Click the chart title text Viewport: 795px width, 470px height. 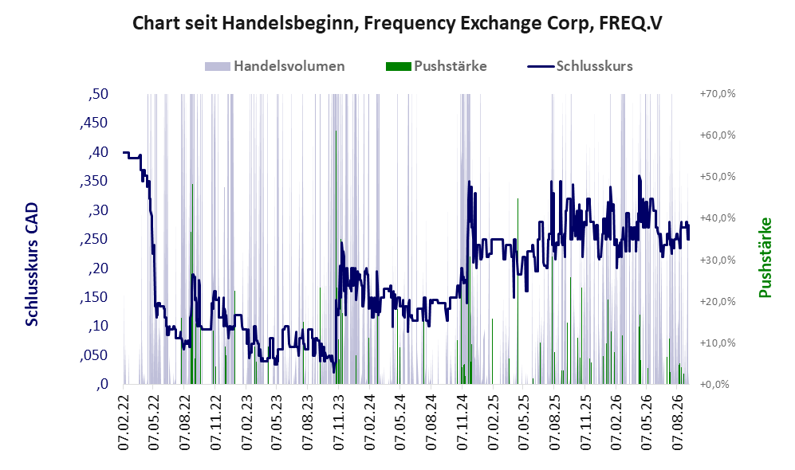pyautogui.click(x=397, y=23)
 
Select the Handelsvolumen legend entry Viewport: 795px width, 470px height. pyautogui.click(x=275, y=66)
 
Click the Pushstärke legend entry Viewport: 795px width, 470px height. pyautogui.click(x=436, y=66)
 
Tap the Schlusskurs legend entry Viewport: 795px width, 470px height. pyautogui.click(x=580, y=66)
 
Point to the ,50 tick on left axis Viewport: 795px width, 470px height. pyautogui.click(x=98, y=94)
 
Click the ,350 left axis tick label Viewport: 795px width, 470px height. pyautogui.click(x=94, y=182)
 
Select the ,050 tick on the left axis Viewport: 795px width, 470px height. pyautogui.click(x=94, y=355)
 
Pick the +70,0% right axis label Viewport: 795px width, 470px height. pyautogui.click(x=718, y=94)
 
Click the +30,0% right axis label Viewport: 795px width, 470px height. pyautogui.click(x=718, y=260)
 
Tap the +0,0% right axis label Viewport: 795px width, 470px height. pyautogui.click(x=715, y=385)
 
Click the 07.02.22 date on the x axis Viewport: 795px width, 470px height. pyautogui.click(x=124, y=419)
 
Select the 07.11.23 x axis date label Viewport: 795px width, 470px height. pyautogui.click(x=339, y=419)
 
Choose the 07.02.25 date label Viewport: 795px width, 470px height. pyautogui.click(x=493, y=419)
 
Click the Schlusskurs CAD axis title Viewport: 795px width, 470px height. pyautogui.click(x=31, y=264)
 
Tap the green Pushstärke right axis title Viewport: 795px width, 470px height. pyautogui.click(x=765, y=258)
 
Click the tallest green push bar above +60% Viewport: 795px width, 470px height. pyautogui.click(x=336, y=257)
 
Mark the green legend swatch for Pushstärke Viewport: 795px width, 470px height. pyautogui.click(x=398, y=66)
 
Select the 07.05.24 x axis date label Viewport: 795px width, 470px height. pyautogui.click(x=400, y=419)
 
